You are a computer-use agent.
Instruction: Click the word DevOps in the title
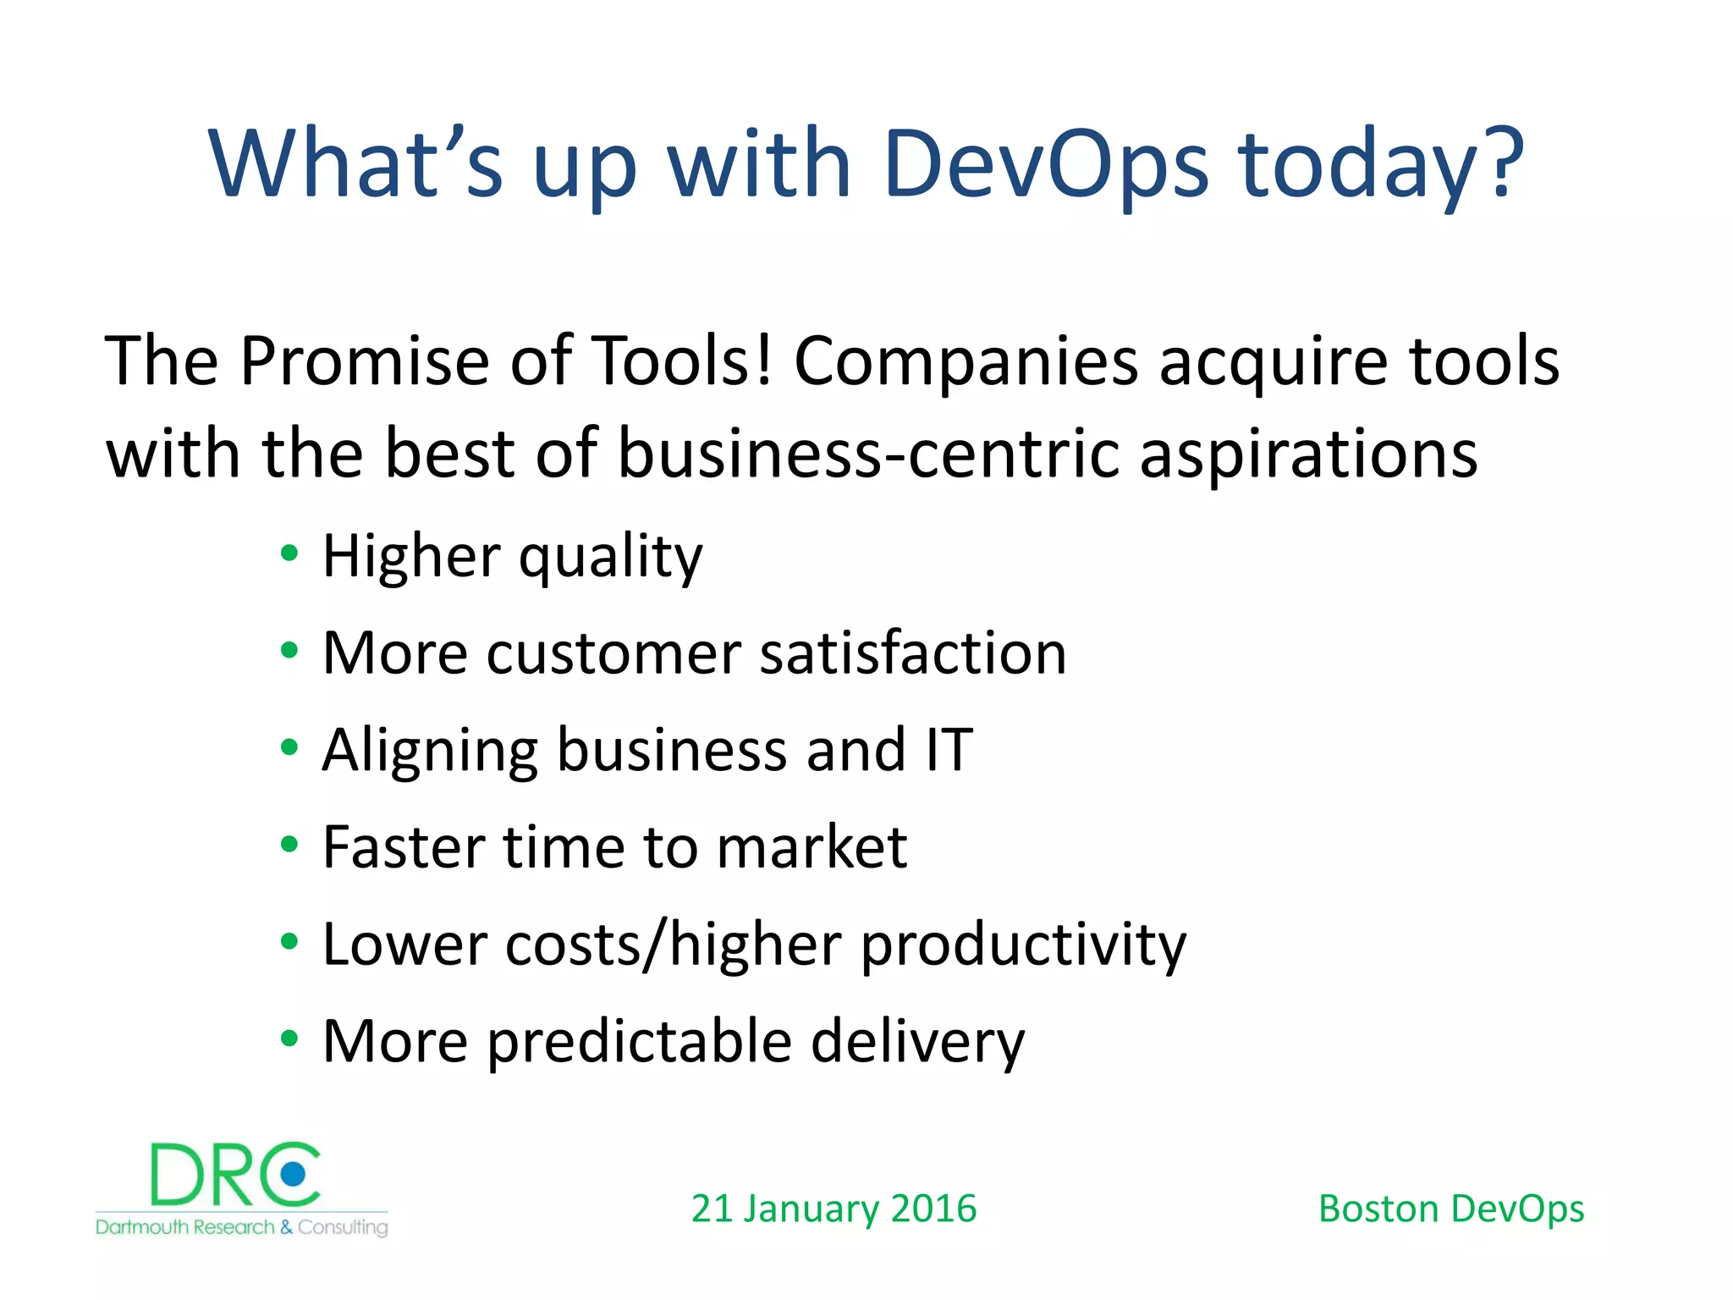(x=1045, y=165)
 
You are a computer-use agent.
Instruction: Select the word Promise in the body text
(x=365, y=361)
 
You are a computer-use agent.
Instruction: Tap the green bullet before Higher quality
(x=289, y=554)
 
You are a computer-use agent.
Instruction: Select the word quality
(x=610, y=559)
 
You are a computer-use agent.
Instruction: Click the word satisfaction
(x=913, y=653)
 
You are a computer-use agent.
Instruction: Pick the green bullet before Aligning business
(x=289, y=747)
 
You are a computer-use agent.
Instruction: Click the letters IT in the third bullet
(x=949, y=750)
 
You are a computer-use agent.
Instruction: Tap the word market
(x=811, y=847)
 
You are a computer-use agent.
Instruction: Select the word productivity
(x=1023, y=946)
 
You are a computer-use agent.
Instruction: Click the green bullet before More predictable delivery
(x=289, y=1038)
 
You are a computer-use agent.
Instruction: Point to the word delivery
(x=917, y=1042)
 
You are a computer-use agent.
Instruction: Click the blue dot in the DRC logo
(x=294, y=1174)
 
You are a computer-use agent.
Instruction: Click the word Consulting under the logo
(x=343, y=1227)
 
